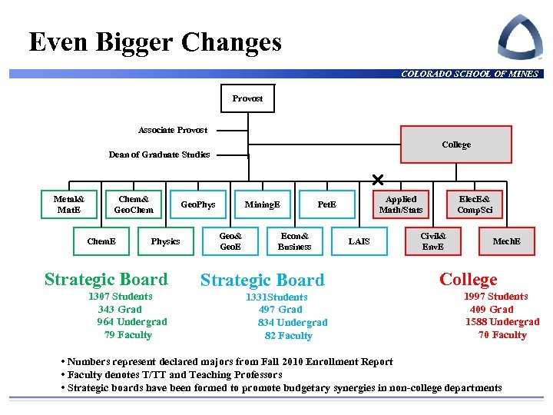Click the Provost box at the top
pyautogui.click(x=247, y=98)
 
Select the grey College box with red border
pyautogui.click(x=456, y=144)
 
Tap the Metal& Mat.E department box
pyautogui.click(x=69, y=204)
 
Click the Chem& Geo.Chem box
pyautogui.click(x=134, y=204)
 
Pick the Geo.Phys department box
pyautogui.click(x=197, y=204)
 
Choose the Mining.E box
pyautogui.click(x=262, y=204)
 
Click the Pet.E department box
pyautogui.click(x=326, y=204)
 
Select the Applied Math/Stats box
pyautogui.click(x=400, y=204)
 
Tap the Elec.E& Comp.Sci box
pyautogui.click(x=475, y=204)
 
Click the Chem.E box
pyautogui.click(x=101, y=241)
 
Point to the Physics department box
pyautogui.click(x=165, y=241)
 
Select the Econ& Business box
pyautogui.click(x=294, y=241)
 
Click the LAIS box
pyautogui.click(x=359, y=241)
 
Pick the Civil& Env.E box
pyautogui.click(x=433, y=241)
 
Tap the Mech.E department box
pyautogui.click(x=506, y=241)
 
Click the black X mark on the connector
pyautogui.click(x=377, y=180)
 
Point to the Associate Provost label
pyautogui.click(x=173, y=130)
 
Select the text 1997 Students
pyautogui.click(x=495, y=297)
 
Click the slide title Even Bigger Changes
pyautogui.click(x=155, y=41)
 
